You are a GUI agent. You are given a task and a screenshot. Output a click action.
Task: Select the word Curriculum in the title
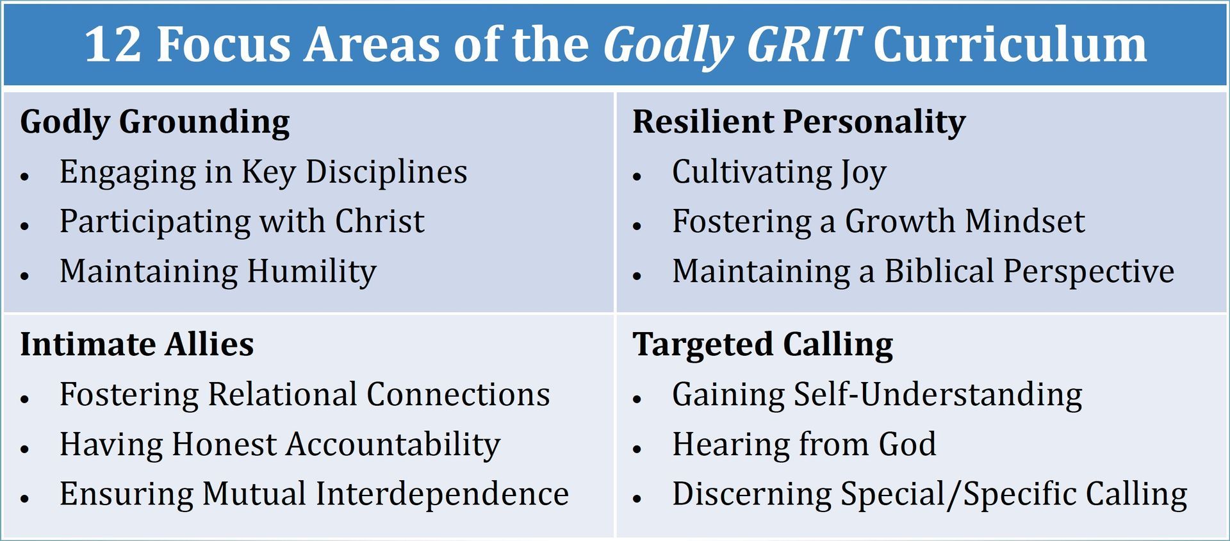tap(1010, 44)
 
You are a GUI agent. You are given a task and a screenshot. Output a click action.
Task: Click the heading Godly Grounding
tap(155, 122)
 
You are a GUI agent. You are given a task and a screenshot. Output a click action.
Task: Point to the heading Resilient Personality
tap(799, 122)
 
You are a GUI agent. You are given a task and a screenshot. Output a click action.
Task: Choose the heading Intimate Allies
tap(137, 344)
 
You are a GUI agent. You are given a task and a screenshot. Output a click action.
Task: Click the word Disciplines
tap(386, 172)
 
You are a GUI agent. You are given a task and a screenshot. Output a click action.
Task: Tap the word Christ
tap(379, 221)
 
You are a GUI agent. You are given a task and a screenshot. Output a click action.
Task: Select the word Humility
tap(312, 272)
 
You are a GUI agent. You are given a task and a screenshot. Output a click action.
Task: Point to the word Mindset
tap(1025, 221)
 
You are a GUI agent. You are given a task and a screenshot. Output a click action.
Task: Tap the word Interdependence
tap(442, 494)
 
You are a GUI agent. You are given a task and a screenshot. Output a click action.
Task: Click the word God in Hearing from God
tap(907, 444)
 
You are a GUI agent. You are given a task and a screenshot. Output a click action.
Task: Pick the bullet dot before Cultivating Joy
tap(637, 176)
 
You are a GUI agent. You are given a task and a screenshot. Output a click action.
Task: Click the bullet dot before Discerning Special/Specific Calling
tap(637, 498)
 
